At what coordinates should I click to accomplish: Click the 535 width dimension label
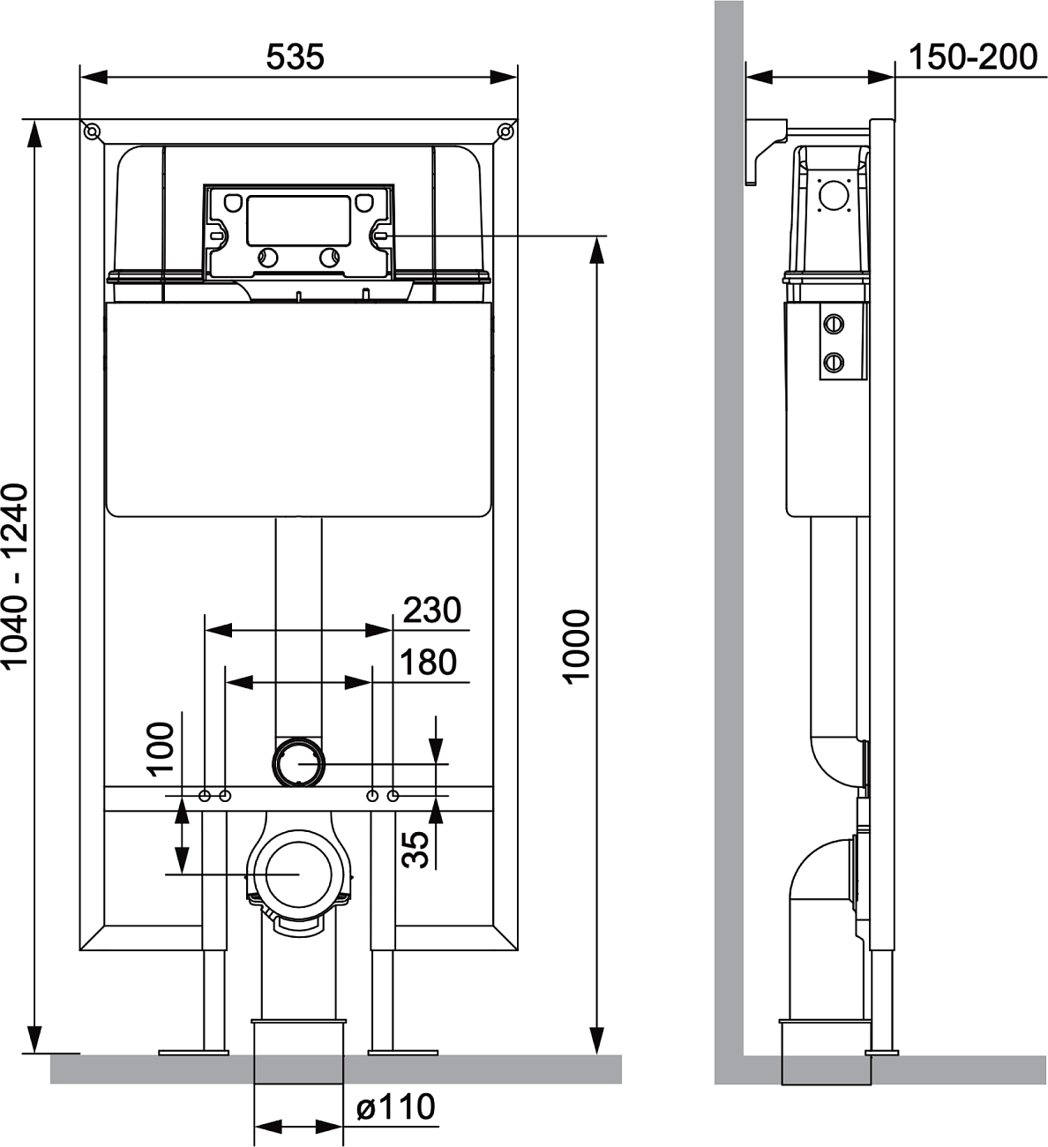point(295,56)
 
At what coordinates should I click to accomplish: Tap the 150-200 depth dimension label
point(972,56)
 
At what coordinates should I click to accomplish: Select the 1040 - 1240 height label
point(15,577)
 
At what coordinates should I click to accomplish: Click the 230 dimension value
point(431,610)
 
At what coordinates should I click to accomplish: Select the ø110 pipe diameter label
point(395,1106)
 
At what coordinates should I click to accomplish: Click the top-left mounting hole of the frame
point(91,132)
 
